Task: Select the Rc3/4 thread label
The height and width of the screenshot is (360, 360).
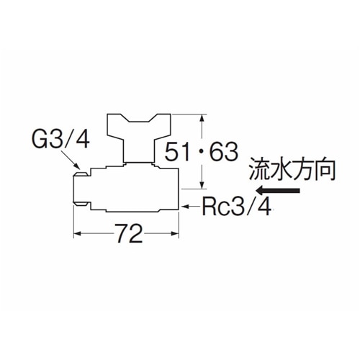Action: click(237, 206)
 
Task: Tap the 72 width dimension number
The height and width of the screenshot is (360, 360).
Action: click(129, 233)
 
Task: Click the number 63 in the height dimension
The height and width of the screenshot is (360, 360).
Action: click(224, 151)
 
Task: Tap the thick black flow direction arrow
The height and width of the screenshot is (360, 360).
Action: click(278, 191)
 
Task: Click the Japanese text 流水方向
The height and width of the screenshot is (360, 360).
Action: click(292, 169)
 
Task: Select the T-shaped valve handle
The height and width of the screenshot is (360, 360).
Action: click(139, 138)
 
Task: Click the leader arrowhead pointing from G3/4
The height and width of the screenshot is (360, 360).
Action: click(76, 166)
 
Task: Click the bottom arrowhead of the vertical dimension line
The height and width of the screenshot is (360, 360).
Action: click(202, 185)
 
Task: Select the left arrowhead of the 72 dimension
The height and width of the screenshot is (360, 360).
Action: click(78, 233)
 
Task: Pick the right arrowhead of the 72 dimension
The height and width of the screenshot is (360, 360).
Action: click(174, 233)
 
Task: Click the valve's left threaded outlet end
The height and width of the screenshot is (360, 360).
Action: click(81, 189)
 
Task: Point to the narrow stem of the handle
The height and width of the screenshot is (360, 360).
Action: click(139, 150)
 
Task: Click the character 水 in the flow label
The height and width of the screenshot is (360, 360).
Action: click(281, 169)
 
